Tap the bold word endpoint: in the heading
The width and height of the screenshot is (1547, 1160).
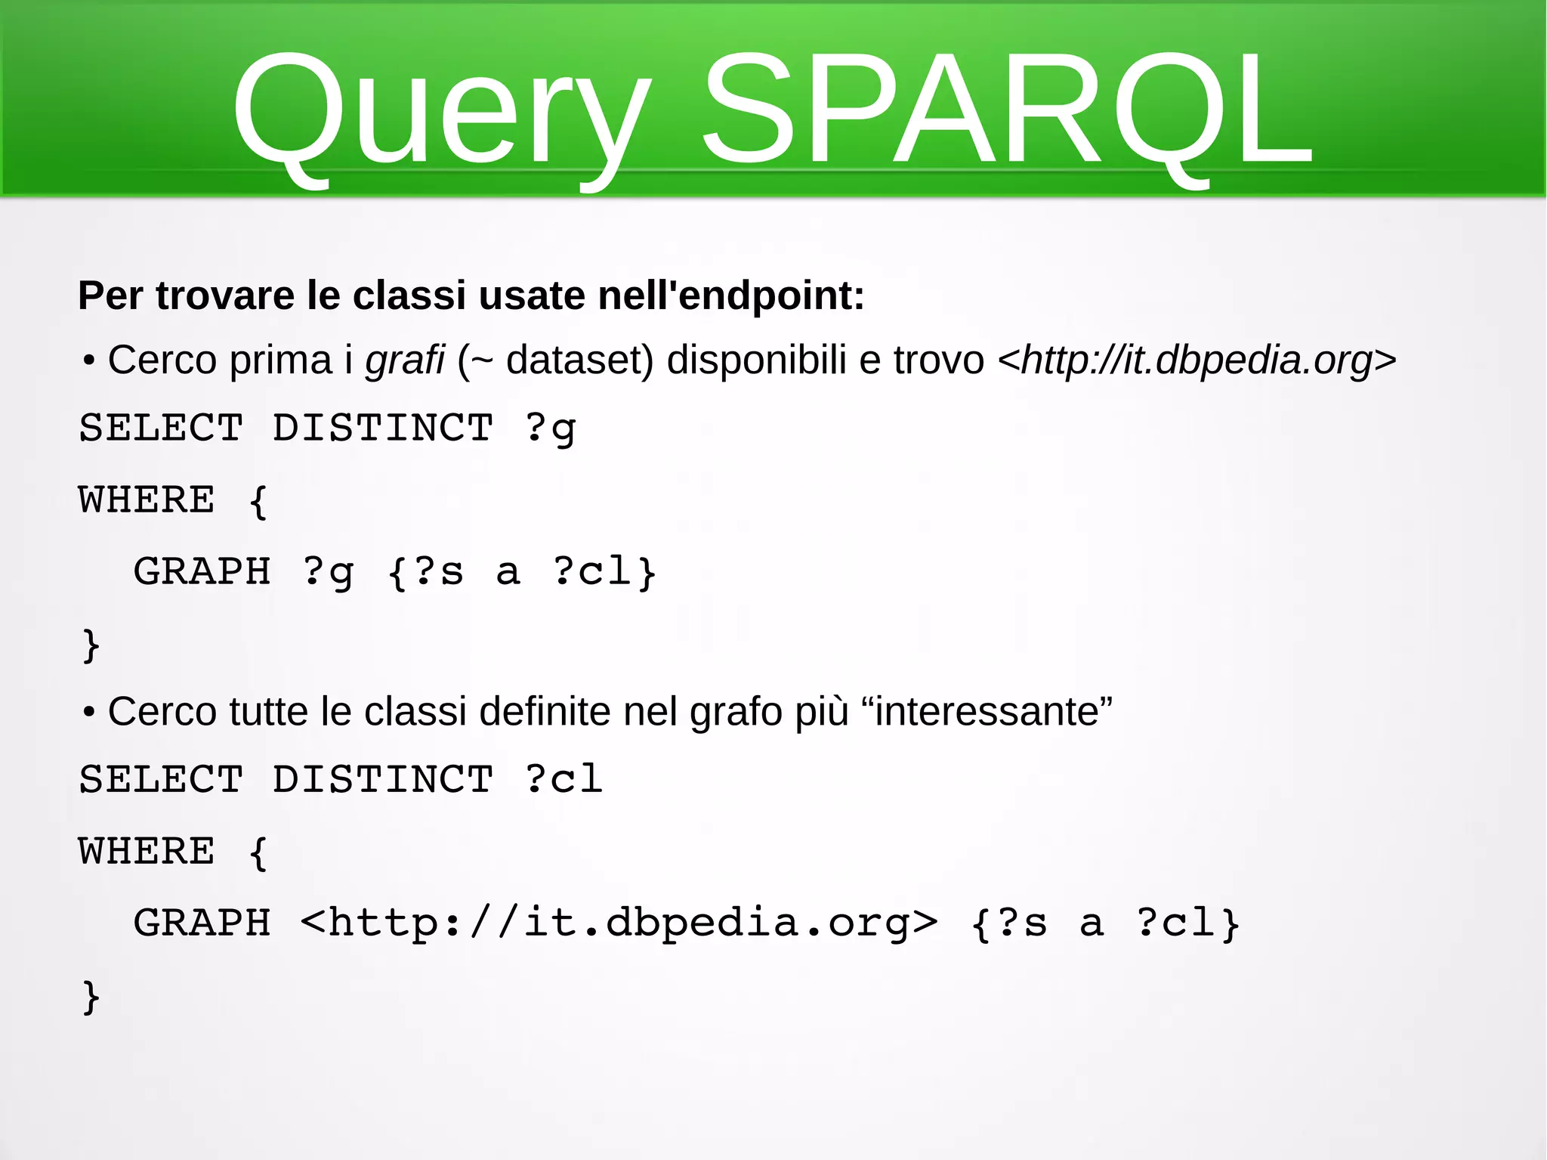pyautogui.click(x=770, y=295)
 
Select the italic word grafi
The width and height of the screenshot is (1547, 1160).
pyautogui.click(x=405, y=360)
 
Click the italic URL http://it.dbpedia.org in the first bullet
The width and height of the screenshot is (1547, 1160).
pyautogui.click(x=1197, y=360)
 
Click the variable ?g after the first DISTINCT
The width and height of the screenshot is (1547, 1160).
pyautogui.click(x=550, y=428)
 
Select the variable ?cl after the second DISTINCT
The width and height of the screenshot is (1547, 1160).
pyautogui.click(x=564, y=779)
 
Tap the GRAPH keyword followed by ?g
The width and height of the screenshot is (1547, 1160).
pyautogui.click(x=202, y=571)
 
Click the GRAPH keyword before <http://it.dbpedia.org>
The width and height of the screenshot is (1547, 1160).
pyautogui.click(x=202, y=923)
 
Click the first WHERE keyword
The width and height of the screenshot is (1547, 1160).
pyautogui.click(x=147, y=500)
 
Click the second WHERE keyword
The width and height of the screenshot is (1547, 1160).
pyautogui.click(x=147, y=852)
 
